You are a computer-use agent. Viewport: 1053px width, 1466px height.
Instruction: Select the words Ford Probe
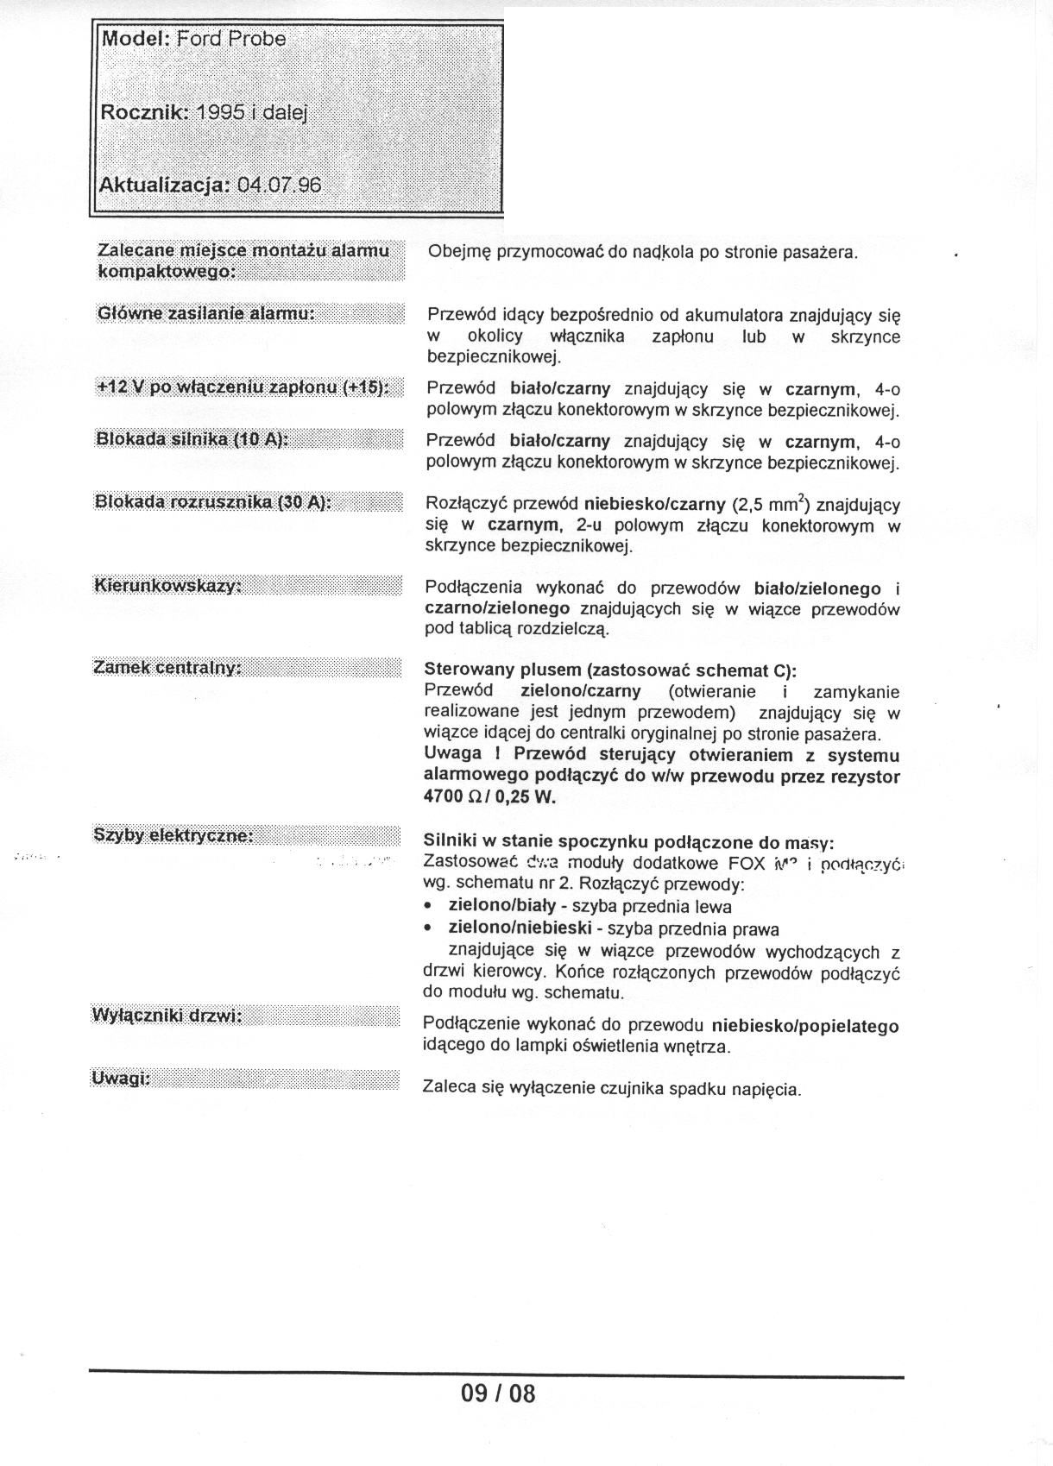(230, 39)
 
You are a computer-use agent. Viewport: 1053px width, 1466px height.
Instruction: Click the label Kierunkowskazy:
(167, 586)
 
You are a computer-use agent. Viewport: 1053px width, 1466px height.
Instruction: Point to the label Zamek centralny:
(167, 668)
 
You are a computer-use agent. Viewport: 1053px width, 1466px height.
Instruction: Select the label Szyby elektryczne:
(173, 835)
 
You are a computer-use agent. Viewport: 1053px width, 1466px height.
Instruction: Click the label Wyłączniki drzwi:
(167, 1016)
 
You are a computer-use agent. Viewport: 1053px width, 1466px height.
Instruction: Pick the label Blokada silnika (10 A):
(191, 439)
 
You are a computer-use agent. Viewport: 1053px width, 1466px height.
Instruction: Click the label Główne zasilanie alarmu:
(205, 313)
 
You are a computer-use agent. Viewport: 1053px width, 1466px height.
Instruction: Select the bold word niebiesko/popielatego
(805, 1027)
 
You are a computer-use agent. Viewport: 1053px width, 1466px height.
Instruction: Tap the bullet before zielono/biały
(429, 907)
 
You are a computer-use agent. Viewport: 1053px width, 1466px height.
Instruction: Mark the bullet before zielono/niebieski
(429, 929)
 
